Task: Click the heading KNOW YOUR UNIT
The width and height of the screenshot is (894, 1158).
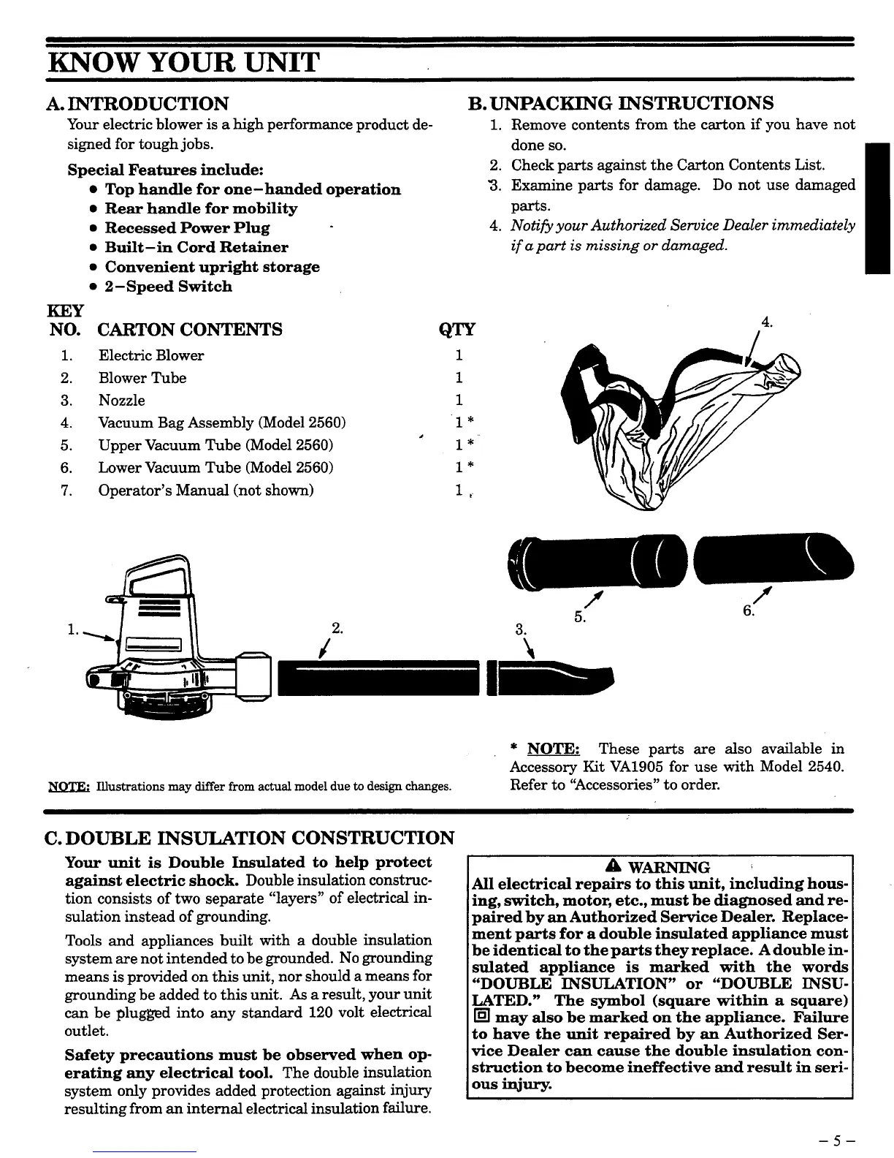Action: [x=183, y=62]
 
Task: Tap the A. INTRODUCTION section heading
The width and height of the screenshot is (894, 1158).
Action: [x=137, y=104]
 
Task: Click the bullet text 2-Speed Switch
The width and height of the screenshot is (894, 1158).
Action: [x=168, y=287]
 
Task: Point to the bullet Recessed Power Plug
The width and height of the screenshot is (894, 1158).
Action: [x=187, y=228]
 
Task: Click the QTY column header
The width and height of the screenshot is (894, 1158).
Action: [x=456, y=330]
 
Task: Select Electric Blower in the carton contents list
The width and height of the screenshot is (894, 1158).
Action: [x=151, y=356]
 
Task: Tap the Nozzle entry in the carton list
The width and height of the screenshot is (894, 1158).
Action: [x=122, y=401]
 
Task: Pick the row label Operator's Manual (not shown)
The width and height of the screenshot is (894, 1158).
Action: [x=206, y=490]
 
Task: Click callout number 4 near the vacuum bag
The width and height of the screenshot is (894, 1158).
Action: [x=766, y=322]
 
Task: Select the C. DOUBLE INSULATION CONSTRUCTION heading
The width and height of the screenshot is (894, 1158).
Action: [x=250, y=838]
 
